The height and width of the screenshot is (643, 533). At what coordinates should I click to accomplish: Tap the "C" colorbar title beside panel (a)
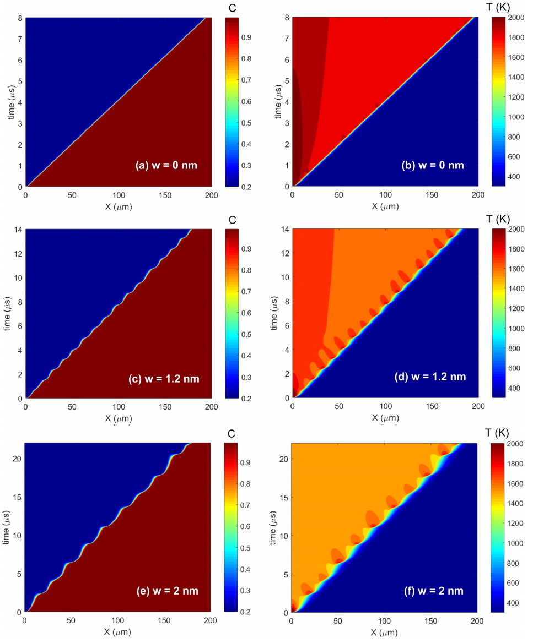coord(232,7)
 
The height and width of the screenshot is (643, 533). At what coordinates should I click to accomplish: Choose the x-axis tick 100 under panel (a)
coord(119,195)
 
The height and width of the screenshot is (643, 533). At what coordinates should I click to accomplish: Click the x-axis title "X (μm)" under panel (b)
coord(385,206)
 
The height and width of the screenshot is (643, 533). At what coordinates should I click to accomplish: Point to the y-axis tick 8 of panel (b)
coord(286,17)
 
